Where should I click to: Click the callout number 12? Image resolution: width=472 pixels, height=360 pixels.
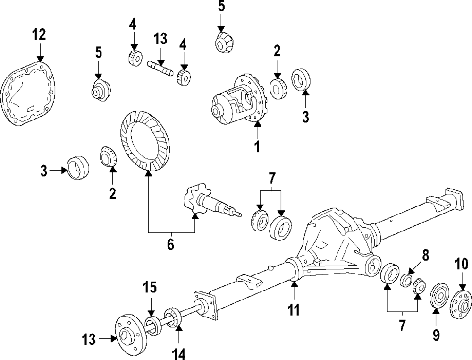[39, 34]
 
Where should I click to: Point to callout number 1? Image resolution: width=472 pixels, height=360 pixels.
[257, 147]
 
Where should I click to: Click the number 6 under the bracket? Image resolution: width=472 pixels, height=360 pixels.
[170, 245]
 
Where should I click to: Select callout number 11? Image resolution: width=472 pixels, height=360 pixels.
[294, 309]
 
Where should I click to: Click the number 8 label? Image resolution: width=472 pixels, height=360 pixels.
[425, 256]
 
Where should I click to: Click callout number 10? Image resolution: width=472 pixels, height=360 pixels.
[462, 264]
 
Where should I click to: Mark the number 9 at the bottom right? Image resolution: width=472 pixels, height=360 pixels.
[436, 335]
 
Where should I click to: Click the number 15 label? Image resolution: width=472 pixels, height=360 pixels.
[150, 287]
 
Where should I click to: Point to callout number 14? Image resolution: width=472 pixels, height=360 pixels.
[179, 354]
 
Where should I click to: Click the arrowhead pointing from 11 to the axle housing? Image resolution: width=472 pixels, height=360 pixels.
[294, 283]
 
